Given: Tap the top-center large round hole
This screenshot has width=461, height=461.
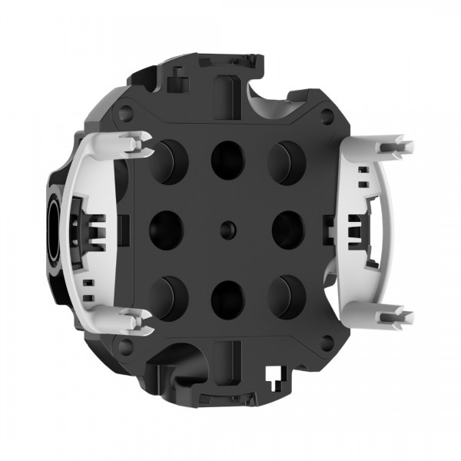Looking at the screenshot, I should [x=227, y=159].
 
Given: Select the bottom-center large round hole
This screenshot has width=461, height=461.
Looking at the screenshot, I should [x=227, y=298].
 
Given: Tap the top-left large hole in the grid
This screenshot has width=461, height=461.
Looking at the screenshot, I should [x=167, y=161].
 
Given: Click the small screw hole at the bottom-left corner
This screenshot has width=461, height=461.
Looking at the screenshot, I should [x=127, y=346].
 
